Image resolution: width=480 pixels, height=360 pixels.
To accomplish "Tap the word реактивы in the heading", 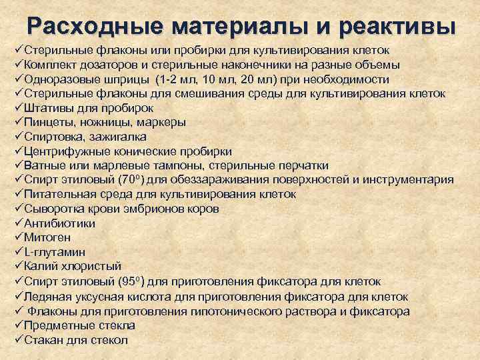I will (x=399, y=26).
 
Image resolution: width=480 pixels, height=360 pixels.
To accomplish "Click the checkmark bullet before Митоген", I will (x=18, y=237).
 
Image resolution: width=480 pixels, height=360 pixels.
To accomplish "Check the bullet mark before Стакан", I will (x=18, y=340).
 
